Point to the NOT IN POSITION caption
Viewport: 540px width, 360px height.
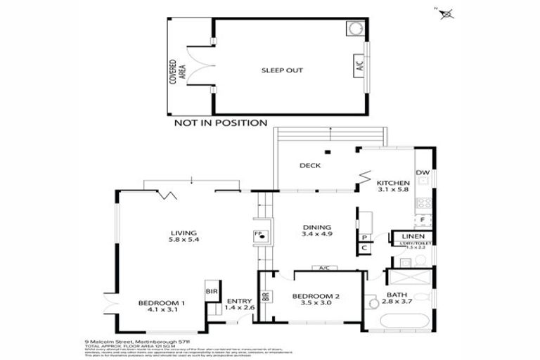(220, 123)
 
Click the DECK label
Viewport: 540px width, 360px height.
(309, 166)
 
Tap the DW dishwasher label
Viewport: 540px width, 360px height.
(423, 173)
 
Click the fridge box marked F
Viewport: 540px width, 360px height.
(423, 220)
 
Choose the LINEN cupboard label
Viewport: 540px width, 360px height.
(413, 236)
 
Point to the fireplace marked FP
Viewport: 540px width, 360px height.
(259, 236)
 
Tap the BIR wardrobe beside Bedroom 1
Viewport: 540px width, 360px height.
(209, 290)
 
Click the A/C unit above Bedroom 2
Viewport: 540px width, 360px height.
(324, 268)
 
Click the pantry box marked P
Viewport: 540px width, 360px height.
(364, 238)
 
